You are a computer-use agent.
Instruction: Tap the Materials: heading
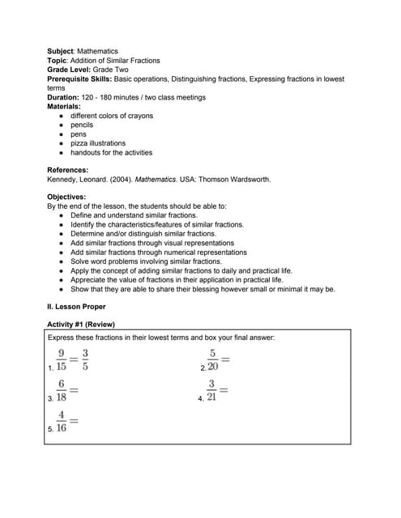[64, 106]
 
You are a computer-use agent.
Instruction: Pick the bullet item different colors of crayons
[112, 116]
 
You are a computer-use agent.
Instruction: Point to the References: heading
[68, 170]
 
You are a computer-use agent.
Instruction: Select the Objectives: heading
[66, 197]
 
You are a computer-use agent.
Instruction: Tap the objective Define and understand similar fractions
[134, 215]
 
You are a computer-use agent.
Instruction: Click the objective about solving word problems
[146, 261]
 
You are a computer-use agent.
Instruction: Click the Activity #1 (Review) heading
[81, 325]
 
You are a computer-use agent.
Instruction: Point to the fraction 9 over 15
[61, 359]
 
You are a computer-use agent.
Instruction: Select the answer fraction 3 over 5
[85, 359]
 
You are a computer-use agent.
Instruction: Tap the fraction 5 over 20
[212, 359]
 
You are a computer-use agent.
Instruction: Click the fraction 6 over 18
[61, 390]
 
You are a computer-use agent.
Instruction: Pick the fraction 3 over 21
[211, 390]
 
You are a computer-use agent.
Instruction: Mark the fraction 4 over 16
[61, 421]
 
